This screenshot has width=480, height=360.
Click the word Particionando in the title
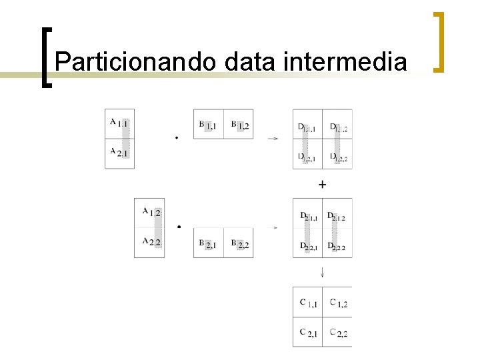(x=135, y=62)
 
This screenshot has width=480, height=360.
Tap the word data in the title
(x=251, y=62)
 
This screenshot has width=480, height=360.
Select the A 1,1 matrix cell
(x=120, y=123)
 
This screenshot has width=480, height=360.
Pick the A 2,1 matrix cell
(x=120, y=153)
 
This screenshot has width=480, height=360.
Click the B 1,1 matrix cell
(x=208, y=125)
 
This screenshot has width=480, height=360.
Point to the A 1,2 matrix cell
(x=150, y=213)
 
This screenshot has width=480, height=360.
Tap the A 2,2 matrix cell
(x=150, y=242)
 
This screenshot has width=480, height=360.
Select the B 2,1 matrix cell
(x=208, y=245)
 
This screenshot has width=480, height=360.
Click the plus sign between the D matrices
(x=323, y=184)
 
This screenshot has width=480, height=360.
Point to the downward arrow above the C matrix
(x=323, y=271)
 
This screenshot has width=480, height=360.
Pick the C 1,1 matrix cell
(x=307, y=303)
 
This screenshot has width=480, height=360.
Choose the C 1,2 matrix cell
(x=338, y=303)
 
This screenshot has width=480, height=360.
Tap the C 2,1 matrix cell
(x=307, y=332)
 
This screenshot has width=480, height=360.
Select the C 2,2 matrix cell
(x=338, y=332)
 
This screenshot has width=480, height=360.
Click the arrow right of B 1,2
(x=273, y=139)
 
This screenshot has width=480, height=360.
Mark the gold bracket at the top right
(x=438, y=41)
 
